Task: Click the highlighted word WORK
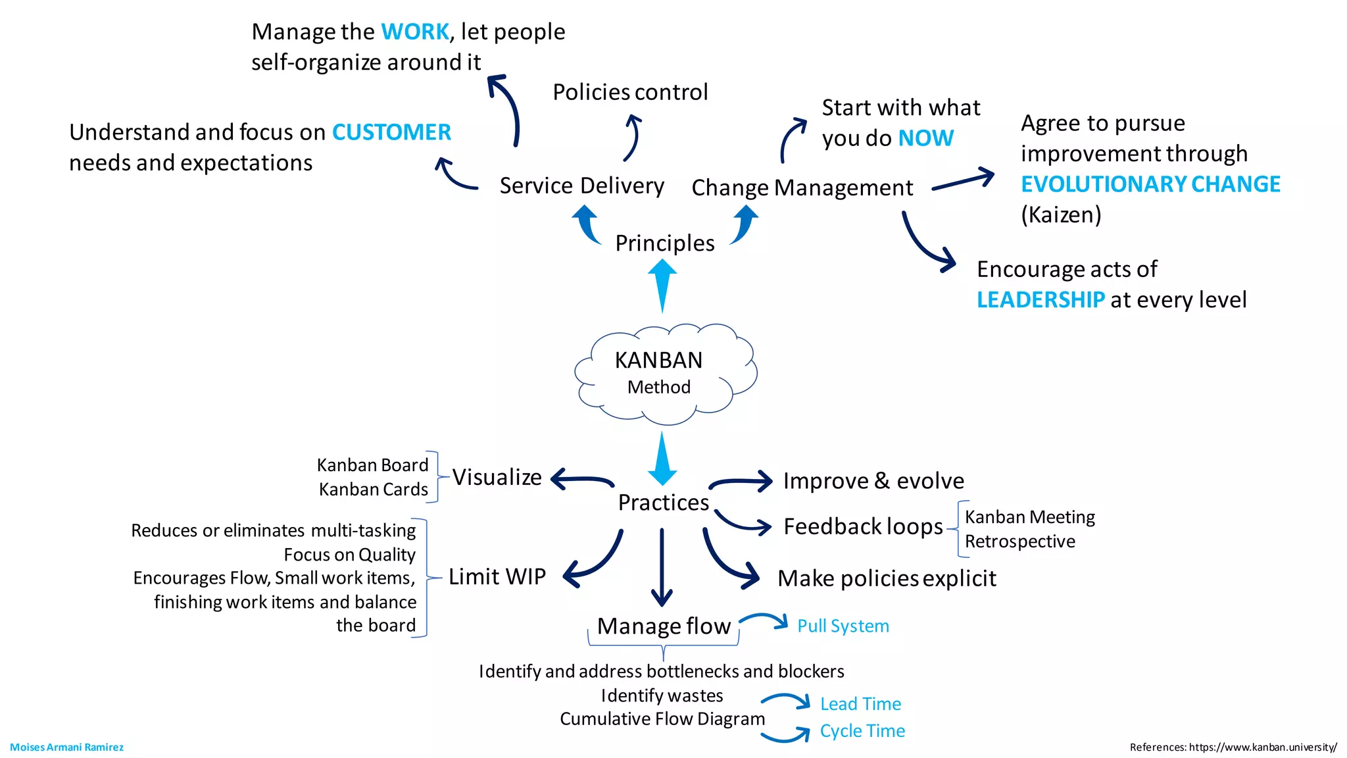point(415,32)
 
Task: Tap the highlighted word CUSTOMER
point(391,132)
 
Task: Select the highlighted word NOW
point(925,138)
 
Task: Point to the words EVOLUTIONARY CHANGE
point(1150,184)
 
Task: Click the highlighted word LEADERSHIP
point(1040,300)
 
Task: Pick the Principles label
point(664,243)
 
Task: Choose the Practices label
point(663,503)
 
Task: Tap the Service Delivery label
point(581,186)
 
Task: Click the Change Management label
point(802,188)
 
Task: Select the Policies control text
point(629,93)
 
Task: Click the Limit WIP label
point(497,577)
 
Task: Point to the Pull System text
point(843,626)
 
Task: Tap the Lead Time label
point(860,704)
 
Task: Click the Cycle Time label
point(862,731)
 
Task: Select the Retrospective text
point(1019,542)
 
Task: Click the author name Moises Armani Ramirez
point(66,747)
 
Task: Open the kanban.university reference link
point(1262,747)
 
